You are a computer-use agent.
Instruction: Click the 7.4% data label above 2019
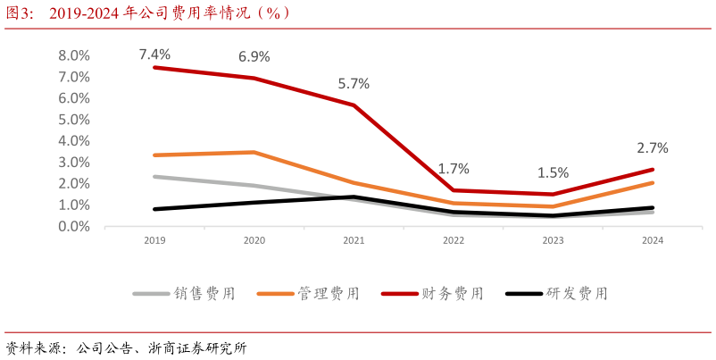coord(154,54)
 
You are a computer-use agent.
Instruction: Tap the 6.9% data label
coord(254,57)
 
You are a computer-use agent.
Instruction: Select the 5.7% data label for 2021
coord(354,84)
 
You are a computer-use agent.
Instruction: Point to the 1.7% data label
coord(454,169)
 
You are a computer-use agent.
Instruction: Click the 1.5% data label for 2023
coord(553,173)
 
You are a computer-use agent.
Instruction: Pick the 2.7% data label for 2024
coord(653,148)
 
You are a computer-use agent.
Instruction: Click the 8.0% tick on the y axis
coord(74,55)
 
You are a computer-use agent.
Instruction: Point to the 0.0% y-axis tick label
coord(74,227)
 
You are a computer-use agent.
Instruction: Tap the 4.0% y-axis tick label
coord(74,141)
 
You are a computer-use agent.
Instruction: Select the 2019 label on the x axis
coord(154,241)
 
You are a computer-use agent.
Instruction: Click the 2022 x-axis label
coord(454,241)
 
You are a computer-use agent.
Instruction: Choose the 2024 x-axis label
coord(653,241)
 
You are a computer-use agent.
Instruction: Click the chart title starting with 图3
coord(147,13)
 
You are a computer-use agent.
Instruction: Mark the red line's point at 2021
coord(354,105)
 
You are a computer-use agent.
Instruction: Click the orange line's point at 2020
coord(254,152)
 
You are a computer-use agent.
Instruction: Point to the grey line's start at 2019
coord(154,177)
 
